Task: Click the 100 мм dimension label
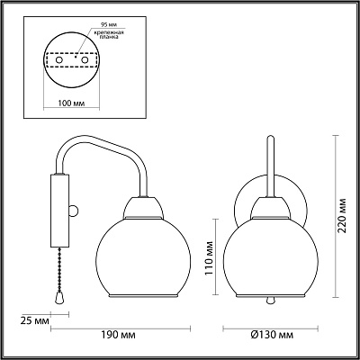pos(71,103)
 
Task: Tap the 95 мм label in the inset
pos(104,23)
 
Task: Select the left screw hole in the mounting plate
pos(59,60)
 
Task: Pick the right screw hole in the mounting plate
pos(85,60)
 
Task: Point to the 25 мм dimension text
pos(35,321)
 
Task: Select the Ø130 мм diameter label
pos(272,335)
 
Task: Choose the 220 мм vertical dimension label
pos(341,215)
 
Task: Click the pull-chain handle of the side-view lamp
pos(59,298)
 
